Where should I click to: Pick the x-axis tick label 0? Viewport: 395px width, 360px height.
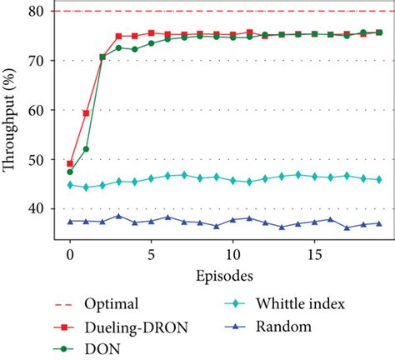click(69, 252)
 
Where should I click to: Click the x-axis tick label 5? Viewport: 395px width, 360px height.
click(151, 252)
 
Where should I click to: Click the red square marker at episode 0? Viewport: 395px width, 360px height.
click(70, 164)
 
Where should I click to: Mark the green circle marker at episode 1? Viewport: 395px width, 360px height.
click(86, 149)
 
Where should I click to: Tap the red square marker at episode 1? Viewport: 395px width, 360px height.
click(86, 112)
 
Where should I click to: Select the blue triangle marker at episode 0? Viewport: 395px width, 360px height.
click(70, 221)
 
